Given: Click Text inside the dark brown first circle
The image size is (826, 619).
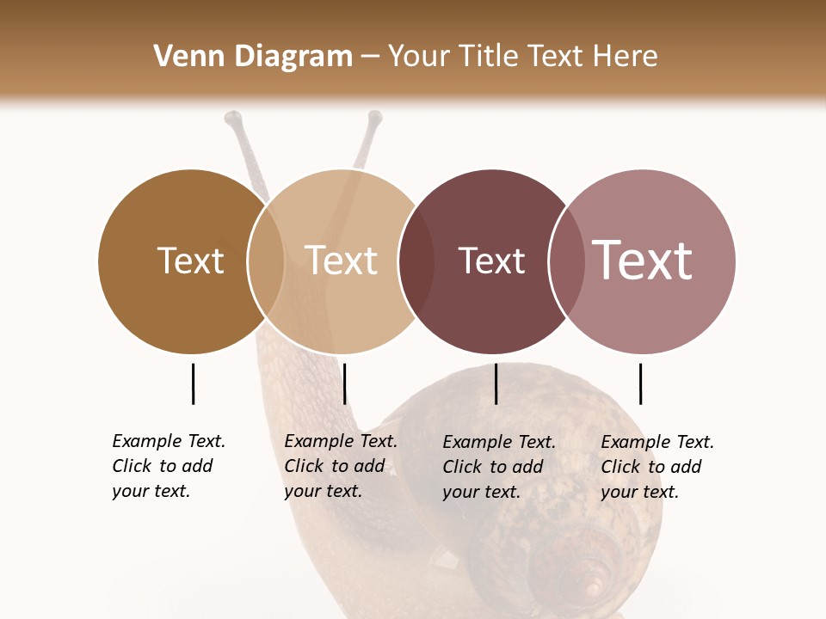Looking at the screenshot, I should pos(190,260).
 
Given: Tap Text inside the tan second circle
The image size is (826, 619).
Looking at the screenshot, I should pos(342,260).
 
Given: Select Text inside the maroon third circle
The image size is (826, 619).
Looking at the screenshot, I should pos(491,260).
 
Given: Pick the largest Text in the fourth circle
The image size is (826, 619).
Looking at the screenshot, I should pos(643,260).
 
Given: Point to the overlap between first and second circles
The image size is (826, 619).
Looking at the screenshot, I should pos(266,261).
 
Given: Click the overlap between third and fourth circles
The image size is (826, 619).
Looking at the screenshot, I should pos(567,261).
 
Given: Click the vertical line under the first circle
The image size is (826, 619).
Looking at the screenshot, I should pos(193,383).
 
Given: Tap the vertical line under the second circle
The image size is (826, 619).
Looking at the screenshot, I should pos(344,383).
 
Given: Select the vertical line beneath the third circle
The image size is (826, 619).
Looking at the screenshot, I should pos(496,383).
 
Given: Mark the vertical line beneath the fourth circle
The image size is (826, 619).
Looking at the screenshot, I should pos(640,383).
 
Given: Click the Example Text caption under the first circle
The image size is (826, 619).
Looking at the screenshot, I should pos(168,466).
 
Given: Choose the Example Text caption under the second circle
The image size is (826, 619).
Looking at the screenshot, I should pos(340,466).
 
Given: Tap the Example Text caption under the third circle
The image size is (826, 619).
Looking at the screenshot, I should pos(498,467).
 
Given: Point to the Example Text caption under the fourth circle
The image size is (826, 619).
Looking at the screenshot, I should pos(656,467).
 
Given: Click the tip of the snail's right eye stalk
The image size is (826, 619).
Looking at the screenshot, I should pos(374,118).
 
